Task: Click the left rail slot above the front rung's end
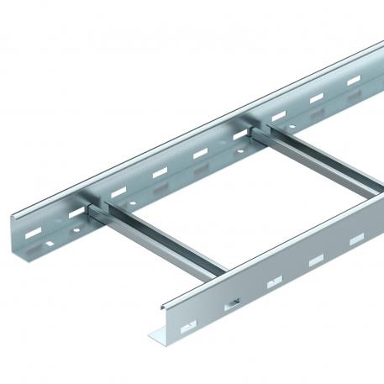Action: (x=118, y=191)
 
